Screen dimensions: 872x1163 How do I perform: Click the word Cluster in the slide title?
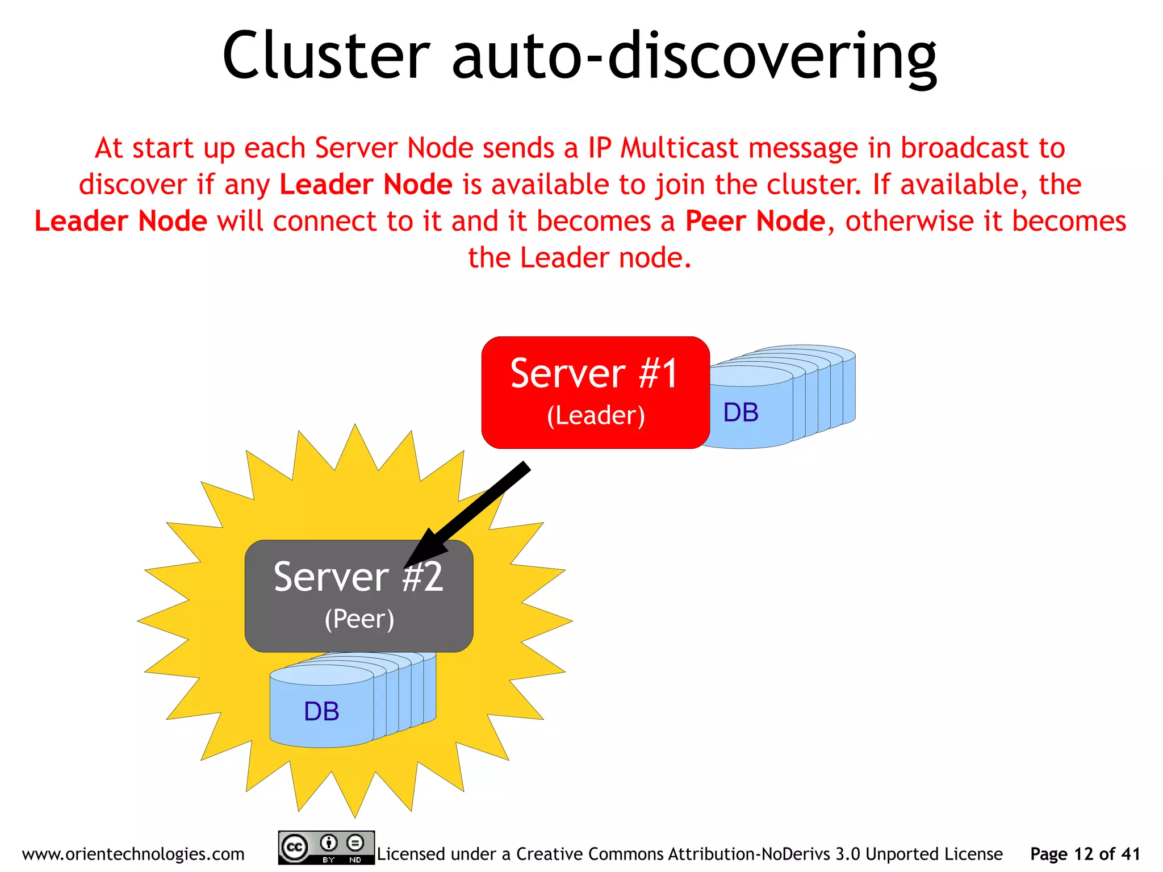point(326,56)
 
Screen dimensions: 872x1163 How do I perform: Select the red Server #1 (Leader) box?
point(595,392)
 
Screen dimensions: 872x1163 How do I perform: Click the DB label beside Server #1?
point(741,412)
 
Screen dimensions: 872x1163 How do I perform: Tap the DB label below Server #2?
point(321,711)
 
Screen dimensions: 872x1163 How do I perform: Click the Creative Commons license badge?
point(326,848)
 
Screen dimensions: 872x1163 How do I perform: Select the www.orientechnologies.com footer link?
point(133,854)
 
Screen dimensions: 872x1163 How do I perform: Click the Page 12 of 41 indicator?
point(1085,854)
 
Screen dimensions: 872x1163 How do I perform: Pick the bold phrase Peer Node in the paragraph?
point(755,221)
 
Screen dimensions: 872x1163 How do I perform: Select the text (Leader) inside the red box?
point(596,415)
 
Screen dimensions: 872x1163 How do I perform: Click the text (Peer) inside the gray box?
point(359,619)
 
